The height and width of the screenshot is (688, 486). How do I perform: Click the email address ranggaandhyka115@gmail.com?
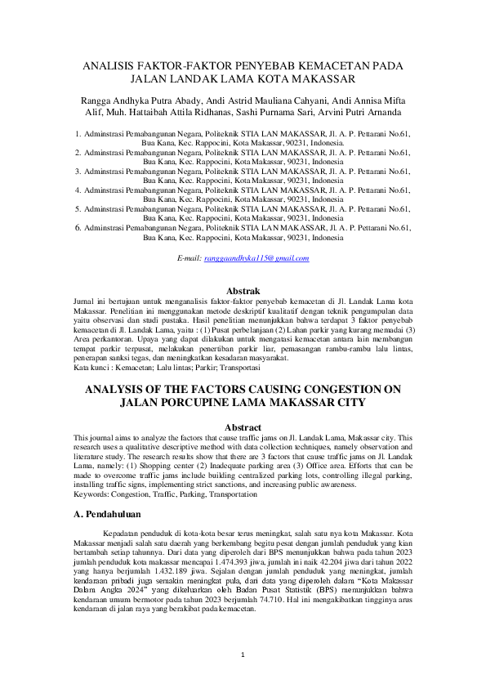[256, 258]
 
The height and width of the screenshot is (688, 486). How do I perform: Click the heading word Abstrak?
[243, 291]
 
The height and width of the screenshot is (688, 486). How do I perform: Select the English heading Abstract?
[243, 428]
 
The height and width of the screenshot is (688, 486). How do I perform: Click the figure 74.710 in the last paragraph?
[261, 601]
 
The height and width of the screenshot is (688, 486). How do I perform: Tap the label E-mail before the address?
[189, 258]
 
